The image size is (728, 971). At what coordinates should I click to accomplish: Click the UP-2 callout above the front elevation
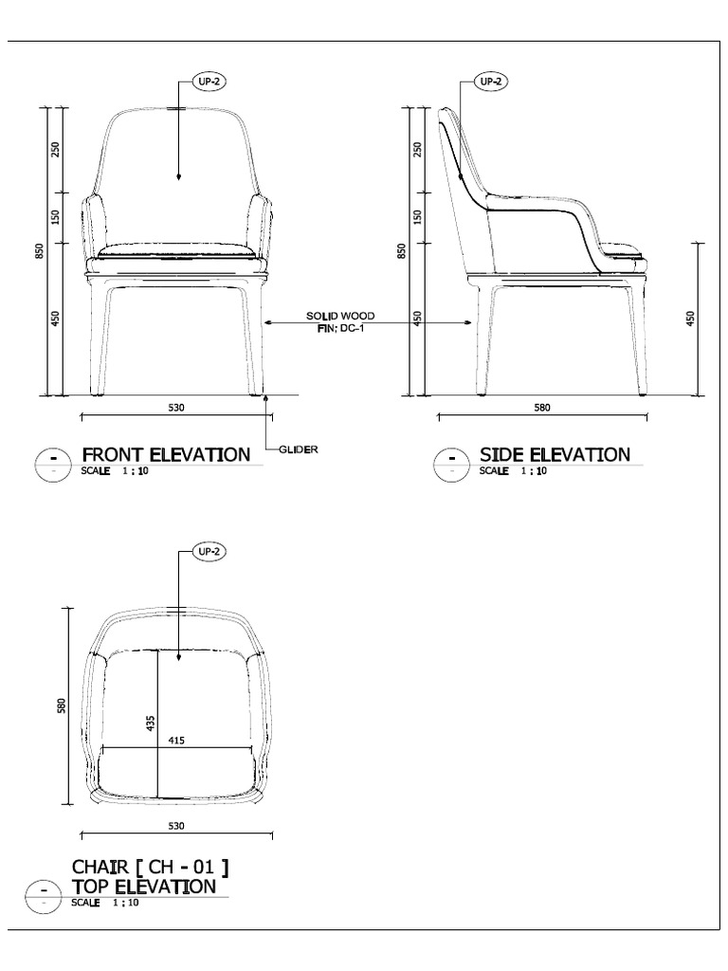[209, 82]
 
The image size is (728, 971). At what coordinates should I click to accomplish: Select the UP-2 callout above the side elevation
[491, 82]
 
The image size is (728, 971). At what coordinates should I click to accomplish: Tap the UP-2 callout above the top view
[209, 551]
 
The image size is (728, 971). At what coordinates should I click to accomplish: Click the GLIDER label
[299, 449]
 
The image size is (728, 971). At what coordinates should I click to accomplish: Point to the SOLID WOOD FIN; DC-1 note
[340, 322]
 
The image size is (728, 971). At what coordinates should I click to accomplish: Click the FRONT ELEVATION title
[166, 455]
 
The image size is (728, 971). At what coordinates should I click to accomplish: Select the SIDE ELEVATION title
[555, 455]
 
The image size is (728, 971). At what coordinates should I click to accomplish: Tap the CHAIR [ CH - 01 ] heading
[150, 867]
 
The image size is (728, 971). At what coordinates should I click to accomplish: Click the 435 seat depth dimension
[151, 724]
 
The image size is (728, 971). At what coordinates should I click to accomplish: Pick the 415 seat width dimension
[176, 740]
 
